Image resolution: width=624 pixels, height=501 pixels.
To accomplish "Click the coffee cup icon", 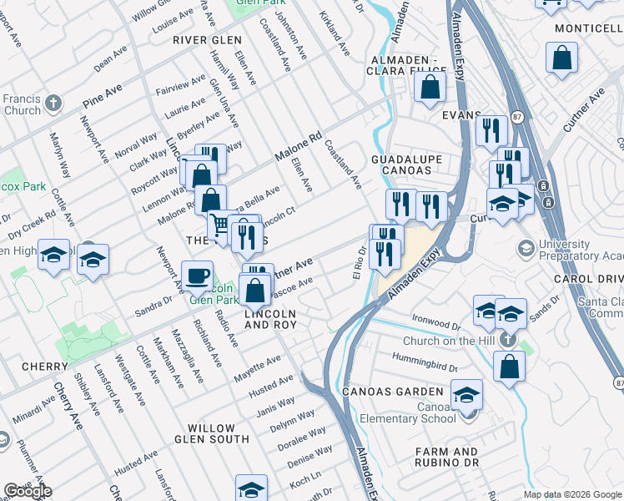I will coord(198,276).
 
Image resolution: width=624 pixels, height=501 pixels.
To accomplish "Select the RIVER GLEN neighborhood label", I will coord(207,40).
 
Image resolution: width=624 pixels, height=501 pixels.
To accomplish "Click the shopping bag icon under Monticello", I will coord(562,59).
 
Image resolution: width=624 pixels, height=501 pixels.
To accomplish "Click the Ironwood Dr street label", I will coord(436,321).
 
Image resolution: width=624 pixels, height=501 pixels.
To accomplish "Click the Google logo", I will coord(28,491).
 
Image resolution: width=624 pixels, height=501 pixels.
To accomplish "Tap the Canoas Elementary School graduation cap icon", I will coord(466,393).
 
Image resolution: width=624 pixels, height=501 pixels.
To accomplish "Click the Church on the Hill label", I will coord(450,341).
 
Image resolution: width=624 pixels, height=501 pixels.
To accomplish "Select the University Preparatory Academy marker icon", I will coord(526,248).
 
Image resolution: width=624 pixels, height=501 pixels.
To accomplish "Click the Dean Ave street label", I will coord(108,61).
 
